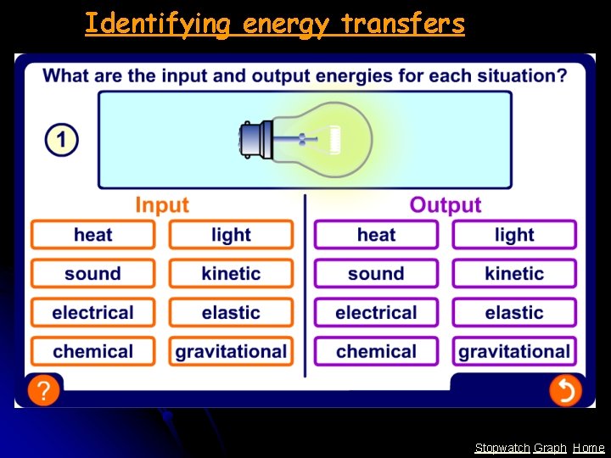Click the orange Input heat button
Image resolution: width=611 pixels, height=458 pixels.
92,235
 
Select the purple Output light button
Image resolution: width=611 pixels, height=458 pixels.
513,235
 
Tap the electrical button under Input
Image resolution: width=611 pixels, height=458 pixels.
92,312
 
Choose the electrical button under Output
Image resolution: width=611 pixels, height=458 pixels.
376,312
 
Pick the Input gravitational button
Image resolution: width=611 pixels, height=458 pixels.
231,351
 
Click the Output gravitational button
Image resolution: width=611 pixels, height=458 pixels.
513,351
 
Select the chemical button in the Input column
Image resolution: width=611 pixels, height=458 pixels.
92,351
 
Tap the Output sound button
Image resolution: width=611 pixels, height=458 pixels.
376,274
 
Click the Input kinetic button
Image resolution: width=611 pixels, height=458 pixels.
231,274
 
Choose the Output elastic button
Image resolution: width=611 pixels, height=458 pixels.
513,312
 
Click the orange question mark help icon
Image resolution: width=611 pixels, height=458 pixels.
43,391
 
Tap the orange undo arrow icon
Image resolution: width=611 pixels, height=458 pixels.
564,391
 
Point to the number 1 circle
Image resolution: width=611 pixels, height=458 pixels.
61,140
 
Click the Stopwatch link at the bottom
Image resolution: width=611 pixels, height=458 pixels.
502,448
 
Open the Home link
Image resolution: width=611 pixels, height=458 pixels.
588,448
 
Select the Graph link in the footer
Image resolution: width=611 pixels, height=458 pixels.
550,448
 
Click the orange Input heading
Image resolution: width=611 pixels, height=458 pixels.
162,205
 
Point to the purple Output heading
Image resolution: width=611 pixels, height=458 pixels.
445,205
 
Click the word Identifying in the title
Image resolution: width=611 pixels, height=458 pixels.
158,24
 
